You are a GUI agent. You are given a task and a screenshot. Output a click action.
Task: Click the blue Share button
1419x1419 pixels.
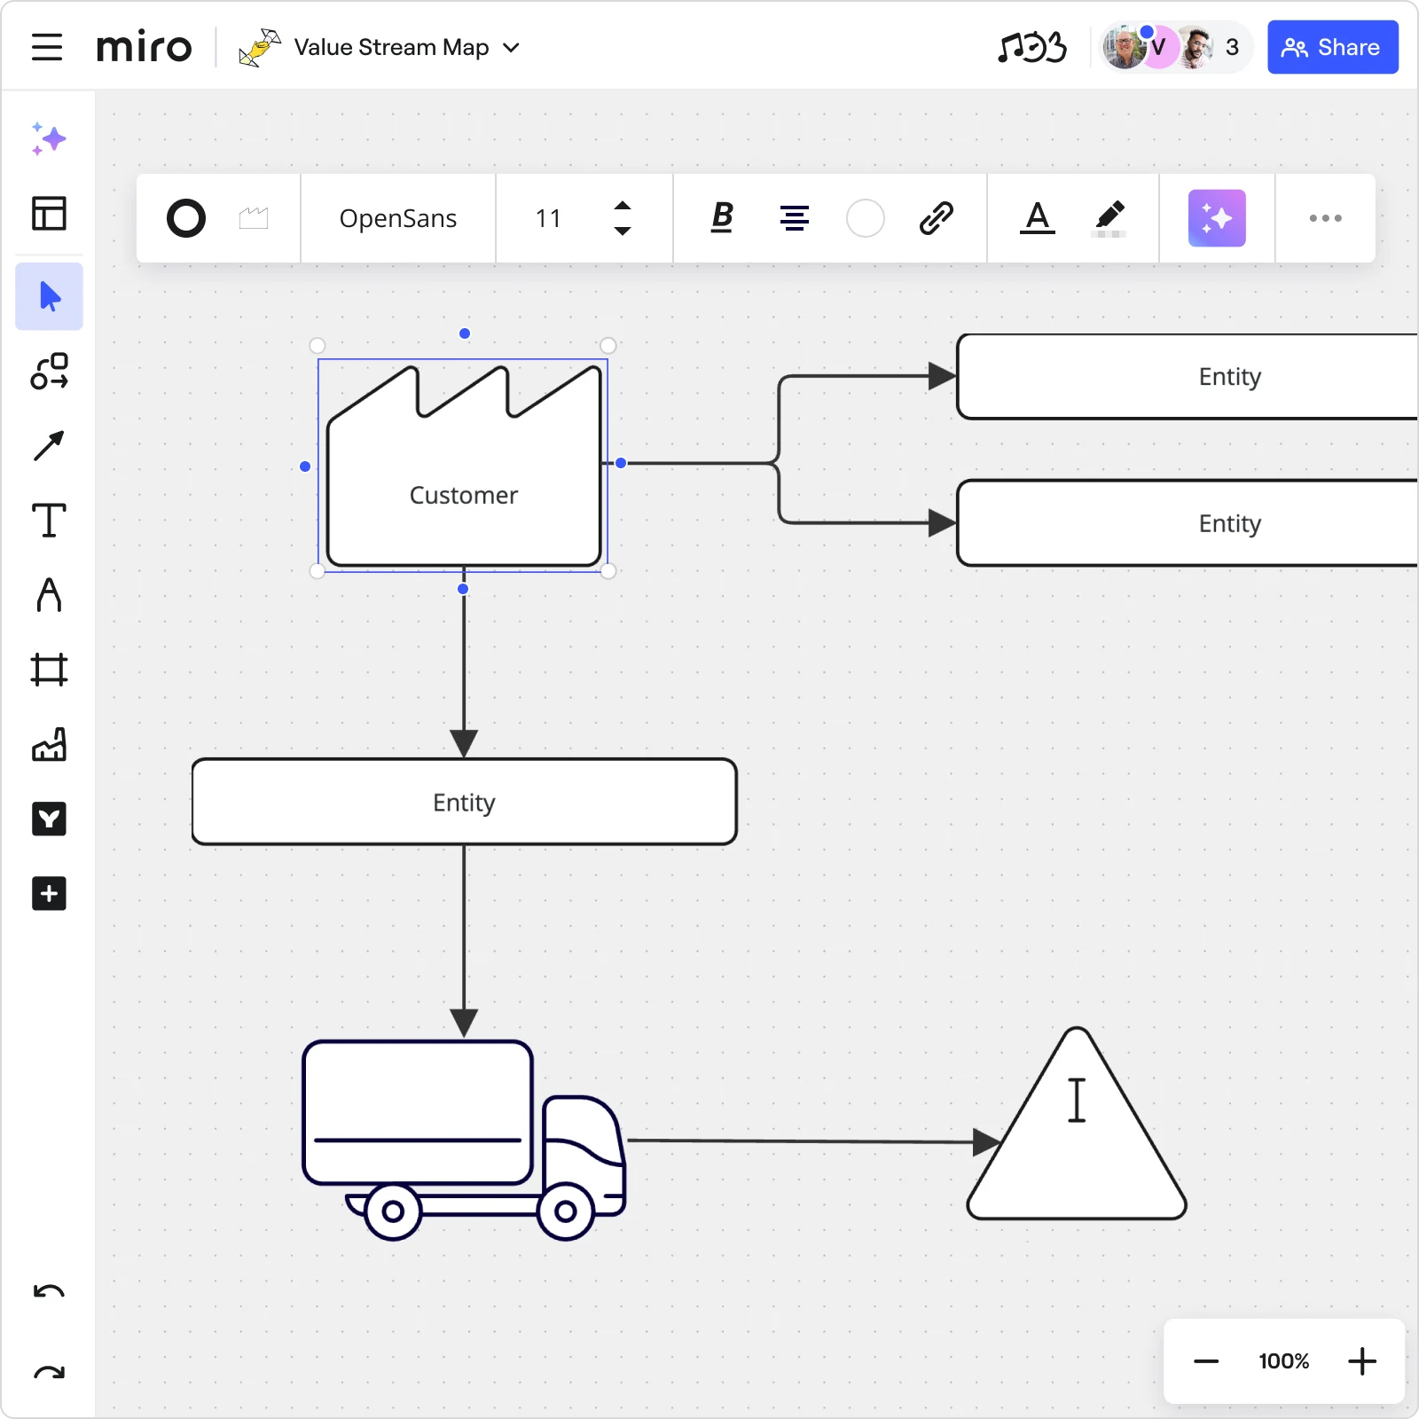(x=1332, y=47)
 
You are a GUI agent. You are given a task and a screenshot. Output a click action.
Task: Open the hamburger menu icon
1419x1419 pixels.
(x=47, y=47)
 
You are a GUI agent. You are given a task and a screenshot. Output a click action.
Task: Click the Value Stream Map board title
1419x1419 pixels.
(x=391, y=47)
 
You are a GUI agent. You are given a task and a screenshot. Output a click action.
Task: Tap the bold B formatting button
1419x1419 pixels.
(x=723, y=217)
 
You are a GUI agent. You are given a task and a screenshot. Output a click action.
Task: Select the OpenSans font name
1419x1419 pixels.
(x=398, y=218)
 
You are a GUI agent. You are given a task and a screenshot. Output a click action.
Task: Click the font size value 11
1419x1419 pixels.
(x=548, y=218)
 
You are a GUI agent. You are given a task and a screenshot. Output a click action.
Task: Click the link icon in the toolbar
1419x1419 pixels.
(x=936, y=217)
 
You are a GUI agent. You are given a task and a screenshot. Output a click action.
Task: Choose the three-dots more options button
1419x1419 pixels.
(x=1325, y=218)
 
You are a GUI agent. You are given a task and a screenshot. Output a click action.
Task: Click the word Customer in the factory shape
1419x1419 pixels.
(x=464, y=495)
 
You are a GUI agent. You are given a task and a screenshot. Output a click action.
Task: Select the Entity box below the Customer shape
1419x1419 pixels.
(x=465, y=802)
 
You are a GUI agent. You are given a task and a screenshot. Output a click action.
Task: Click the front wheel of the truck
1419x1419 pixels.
(x=565, y=1211)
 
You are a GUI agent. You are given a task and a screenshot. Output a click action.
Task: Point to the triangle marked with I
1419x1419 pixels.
(x=1077, y=1126)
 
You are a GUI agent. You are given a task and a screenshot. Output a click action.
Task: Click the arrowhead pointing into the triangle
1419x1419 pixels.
(x=986, y=1142)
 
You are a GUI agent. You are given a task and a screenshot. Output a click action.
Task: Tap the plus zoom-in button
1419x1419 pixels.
(x=1362, y=1360)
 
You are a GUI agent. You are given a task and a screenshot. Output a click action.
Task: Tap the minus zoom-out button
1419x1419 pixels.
(x=1206, y=1361)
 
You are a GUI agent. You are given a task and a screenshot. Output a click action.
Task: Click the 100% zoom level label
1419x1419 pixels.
(x=1283, y=1361)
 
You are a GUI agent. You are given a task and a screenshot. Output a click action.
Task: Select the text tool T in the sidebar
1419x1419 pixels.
(x=49, y=521)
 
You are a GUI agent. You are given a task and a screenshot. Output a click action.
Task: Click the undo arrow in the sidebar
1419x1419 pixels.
(x=49, y=1291)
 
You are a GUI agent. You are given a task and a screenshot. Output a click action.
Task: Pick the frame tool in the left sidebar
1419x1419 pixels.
(x=49, y=670)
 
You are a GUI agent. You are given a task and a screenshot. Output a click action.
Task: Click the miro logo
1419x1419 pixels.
(x=144, y=47)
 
